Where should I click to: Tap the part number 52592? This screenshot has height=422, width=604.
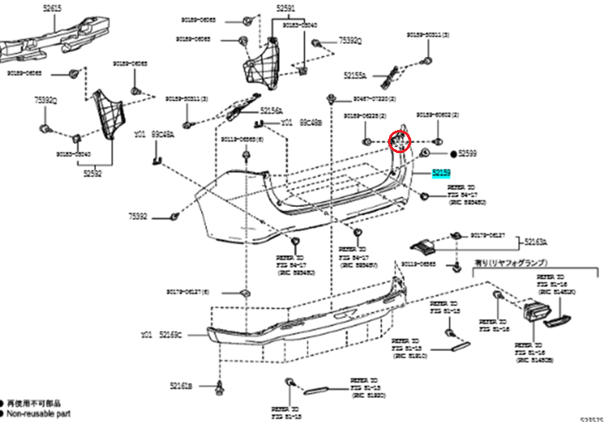(91, 174)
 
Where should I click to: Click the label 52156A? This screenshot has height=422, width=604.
(271, 110)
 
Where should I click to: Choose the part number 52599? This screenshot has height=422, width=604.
(468, 154)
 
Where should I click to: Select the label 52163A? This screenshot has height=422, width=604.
(536, 242)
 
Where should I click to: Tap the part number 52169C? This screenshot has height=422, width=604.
(170, 335)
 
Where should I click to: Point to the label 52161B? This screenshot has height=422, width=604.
(181, 386)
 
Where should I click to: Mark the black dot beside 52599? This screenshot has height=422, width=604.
(453, 154)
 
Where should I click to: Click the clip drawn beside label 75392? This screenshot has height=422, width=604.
(174, 216)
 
